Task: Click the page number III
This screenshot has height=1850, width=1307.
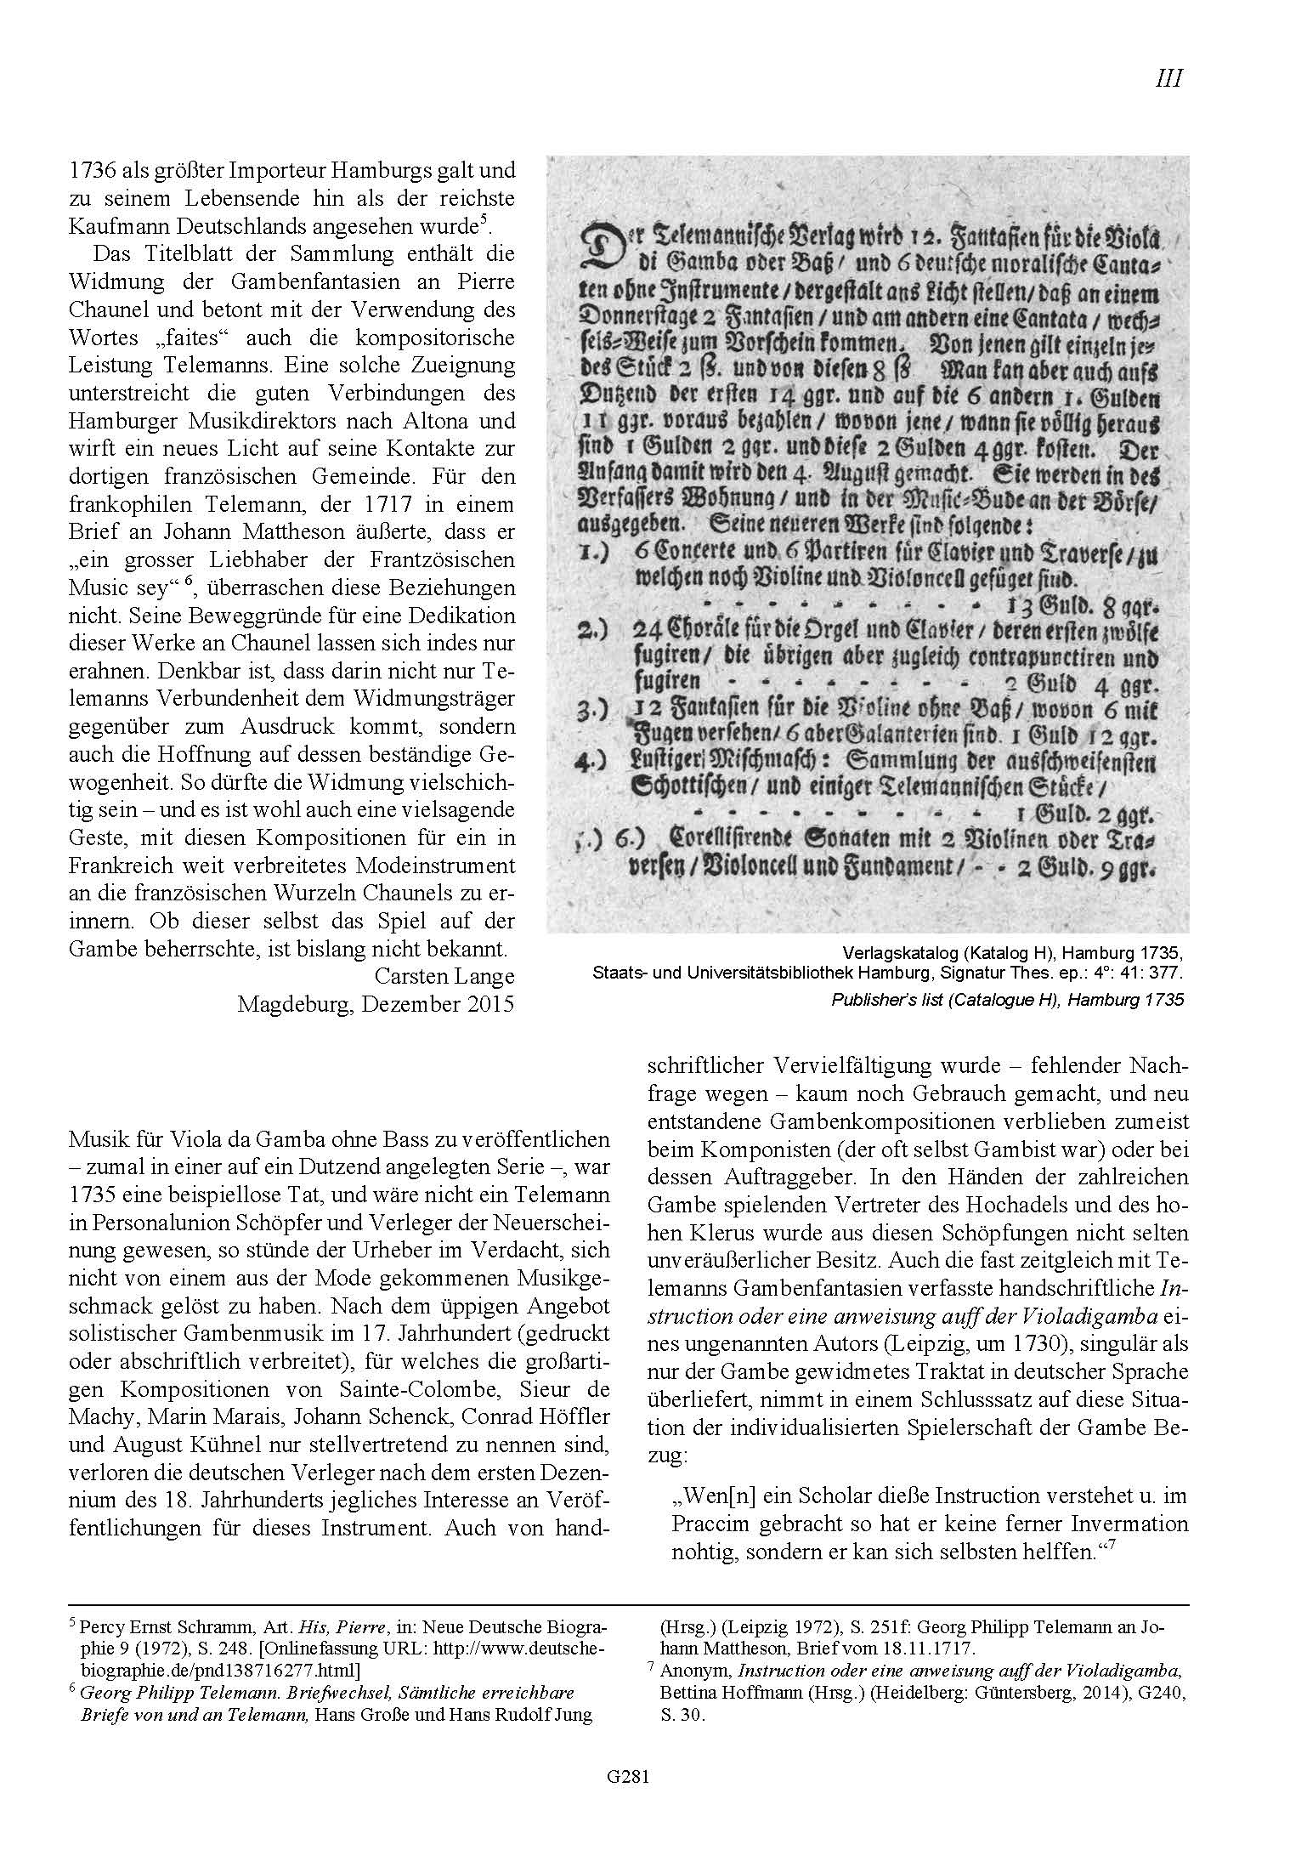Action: (x=1168, y=79)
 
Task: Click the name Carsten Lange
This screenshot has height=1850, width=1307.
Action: (x=444, y=976)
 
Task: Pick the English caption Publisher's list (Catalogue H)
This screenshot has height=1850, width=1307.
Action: (x=1007, y=1001)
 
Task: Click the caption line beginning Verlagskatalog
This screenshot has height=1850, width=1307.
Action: (x=1011, y=951)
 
